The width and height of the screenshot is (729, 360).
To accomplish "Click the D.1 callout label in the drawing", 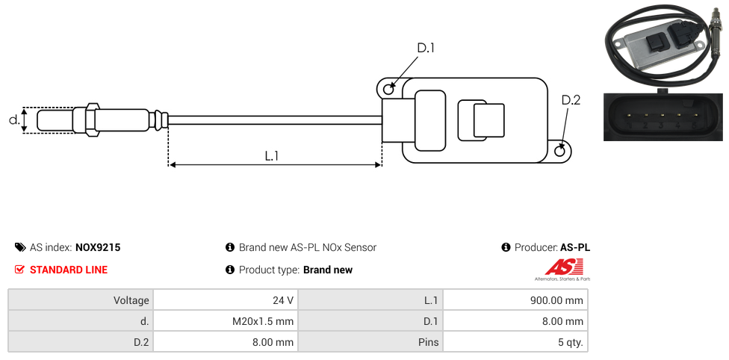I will coord(426,49).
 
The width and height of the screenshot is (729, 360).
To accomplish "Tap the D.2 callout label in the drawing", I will coord(571,101).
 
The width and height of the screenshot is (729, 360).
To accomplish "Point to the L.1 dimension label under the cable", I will coord(272,156).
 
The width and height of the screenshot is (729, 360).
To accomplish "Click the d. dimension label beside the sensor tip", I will coord(13,120).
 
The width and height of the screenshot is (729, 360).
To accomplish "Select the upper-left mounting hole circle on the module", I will coord(388,90).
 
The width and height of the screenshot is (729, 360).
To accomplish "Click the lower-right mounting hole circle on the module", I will coord(561,151).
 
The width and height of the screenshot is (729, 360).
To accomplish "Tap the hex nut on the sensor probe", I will coord(93,120).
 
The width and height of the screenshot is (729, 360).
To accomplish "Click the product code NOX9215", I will coord(98,247).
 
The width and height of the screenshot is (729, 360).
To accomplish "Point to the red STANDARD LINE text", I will coord(69,270).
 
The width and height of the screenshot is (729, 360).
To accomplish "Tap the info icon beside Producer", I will coord(506,247).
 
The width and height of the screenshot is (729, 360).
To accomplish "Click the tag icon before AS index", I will coord(20,247).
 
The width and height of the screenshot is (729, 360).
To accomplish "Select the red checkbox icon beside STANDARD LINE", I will coord(20,270).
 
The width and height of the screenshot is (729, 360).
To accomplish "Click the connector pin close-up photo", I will coord(663,116).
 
